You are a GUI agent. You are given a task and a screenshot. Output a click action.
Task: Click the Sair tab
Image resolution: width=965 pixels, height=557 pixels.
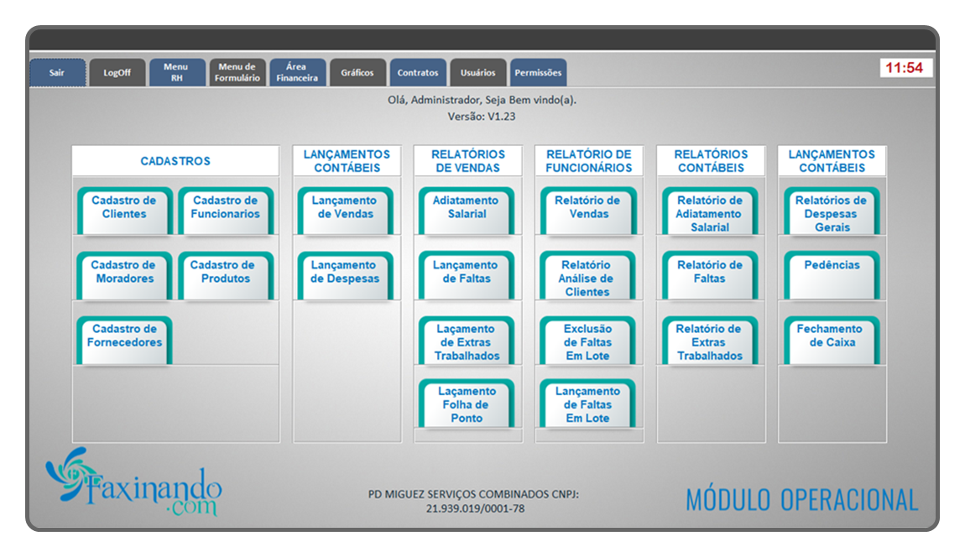click(x=57, y=73)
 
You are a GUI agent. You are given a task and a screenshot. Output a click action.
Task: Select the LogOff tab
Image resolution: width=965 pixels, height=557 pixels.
click(x=117, y=73)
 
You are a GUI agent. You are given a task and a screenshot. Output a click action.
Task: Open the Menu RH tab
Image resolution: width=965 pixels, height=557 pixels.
click(x=176, y=73)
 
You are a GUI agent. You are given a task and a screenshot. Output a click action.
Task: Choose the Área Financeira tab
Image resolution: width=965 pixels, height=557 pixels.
click(x=297, y=73)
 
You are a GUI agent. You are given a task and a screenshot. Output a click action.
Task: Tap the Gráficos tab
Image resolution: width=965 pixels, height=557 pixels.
click(x=357, y=73)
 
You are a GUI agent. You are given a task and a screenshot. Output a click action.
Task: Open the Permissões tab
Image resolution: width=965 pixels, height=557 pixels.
click(x=538, y=73)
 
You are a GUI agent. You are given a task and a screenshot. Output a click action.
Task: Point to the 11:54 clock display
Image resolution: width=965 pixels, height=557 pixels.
click(x=905, y=68)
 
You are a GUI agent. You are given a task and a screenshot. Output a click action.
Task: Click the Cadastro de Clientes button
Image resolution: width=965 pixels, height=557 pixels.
click(x=124, y=211)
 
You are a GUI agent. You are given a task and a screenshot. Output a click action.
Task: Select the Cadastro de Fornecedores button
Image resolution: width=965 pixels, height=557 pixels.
click(x=124, y=340)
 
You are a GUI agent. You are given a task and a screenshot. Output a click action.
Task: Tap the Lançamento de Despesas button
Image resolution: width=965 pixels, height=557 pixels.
click(x=345, y=275)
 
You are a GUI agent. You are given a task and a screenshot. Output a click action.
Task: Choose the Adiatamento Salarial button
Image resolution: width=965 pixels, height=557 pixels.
click(x=467, y=211)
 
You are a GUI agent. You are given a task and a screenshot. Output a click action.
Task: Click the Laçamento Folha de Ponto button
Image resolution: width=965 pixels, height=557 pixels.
click(x=467, y=403)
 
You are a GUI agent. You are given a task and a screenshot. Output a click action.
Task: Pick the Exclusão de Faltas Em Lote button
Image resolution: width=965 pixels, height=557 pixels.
click(x=587, y=340)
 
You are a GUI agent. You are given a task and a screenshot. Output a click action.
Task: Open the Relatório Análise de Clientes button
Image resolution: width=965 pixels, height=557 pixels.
click(x=587, y=275)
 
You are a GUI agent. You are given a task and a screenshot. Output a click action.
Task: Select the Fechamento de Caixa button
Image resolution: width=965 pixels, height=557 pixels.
click(x=832, y=340)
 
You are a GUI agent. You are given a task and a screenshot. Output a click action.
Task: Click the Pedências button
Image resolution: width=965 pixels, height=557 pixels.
click(x=832, y=275)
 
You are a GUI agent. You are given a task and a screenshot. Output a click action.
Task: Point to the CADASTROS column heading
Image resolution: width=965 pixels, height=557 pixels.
click(x=175, y=161)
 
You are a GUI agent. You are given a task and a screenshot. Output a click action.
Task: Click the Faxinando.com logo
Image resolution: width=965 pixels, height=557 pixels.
click(x=133, y=482)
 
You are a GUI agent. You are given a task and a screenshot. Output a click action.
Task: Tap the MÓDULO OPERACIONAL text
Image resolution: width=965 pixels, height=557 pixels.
click(x=802, y=500)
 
